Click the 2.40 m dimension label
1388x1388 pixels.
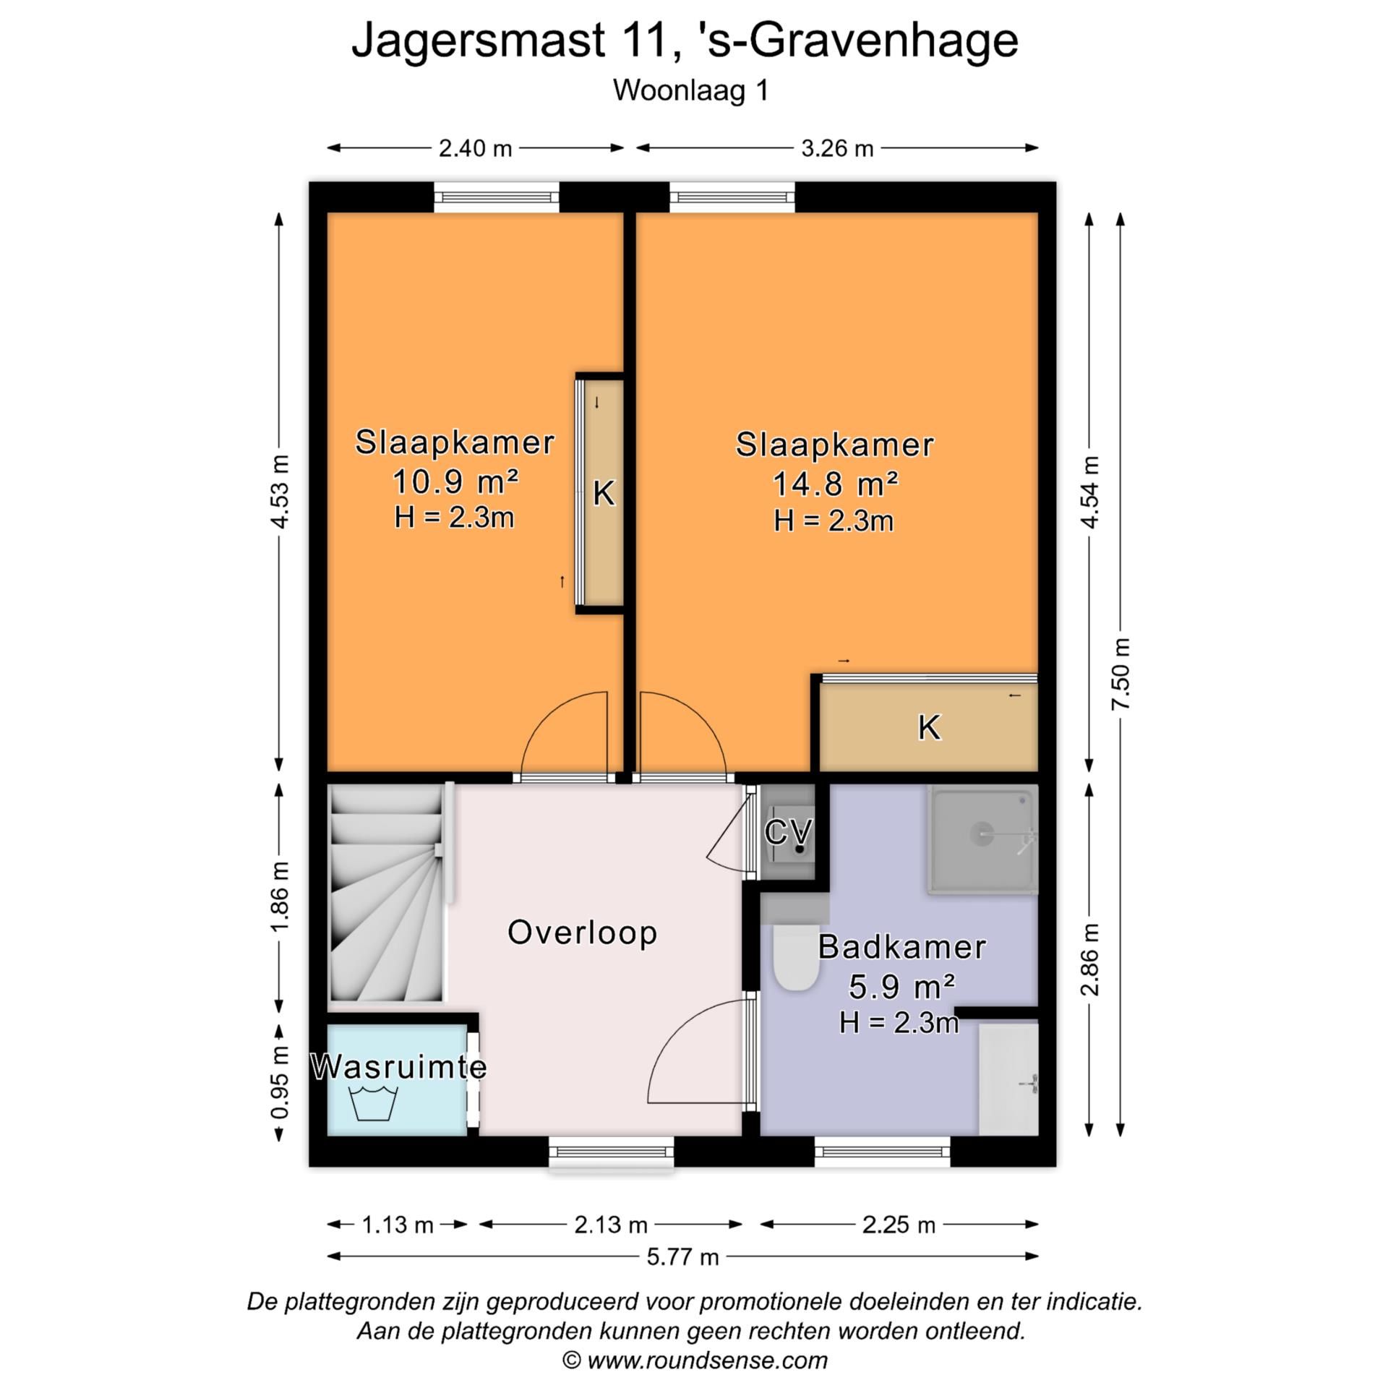point(475,148)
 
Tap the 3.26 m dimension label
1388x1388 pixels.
point(837,148)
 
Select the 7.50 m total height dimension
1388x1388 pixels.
point(1121,673)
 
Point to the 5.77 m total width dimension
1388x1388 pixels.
point(682,1256)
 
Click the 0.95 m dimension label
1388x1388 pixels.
point(280,1081)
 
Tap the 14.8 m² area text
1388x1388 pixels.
point(835,484)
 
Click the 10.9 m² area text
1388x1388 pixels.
point(455,481)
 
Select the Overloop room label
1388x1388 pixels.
point(582,932)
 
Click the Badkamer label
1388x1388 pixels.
point(901,947)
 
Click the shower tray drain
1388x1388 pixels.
point(982,834)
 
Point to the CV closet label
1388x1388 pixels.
point(788,832)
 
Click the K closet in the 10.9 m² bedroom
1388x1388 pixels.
point(604,493)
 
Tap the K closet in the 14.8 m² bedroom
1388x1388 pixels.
point(929,727)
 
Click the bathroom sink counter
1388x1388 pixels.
point(1008,1077)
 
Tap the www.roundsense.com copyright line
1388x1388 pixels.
point(695,1361)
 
